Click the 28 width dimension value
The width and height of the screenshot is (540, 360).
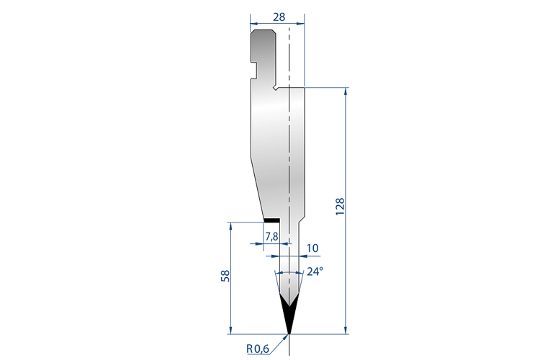coord(277,17)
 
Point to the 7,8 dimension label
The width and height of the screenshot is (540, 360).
coord(271,236)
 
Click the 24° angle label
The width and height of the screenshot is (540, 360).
coord(315,271)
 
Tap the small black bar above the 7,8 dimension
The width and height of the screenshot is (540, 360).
coord(272,220)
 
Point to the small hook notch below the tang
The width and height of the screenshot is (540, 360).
coord(276,88)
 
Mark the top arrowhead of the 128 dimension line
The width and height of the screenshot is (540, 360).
coord(348,91)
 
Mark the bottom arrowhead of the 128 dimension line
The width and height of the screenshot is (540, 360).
coord(348,330)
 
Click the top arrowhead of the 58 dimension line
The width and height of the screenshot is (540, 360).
coord(230,225)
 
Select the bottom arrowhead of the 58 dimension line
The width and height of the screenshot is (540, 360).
coord(230,330)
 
